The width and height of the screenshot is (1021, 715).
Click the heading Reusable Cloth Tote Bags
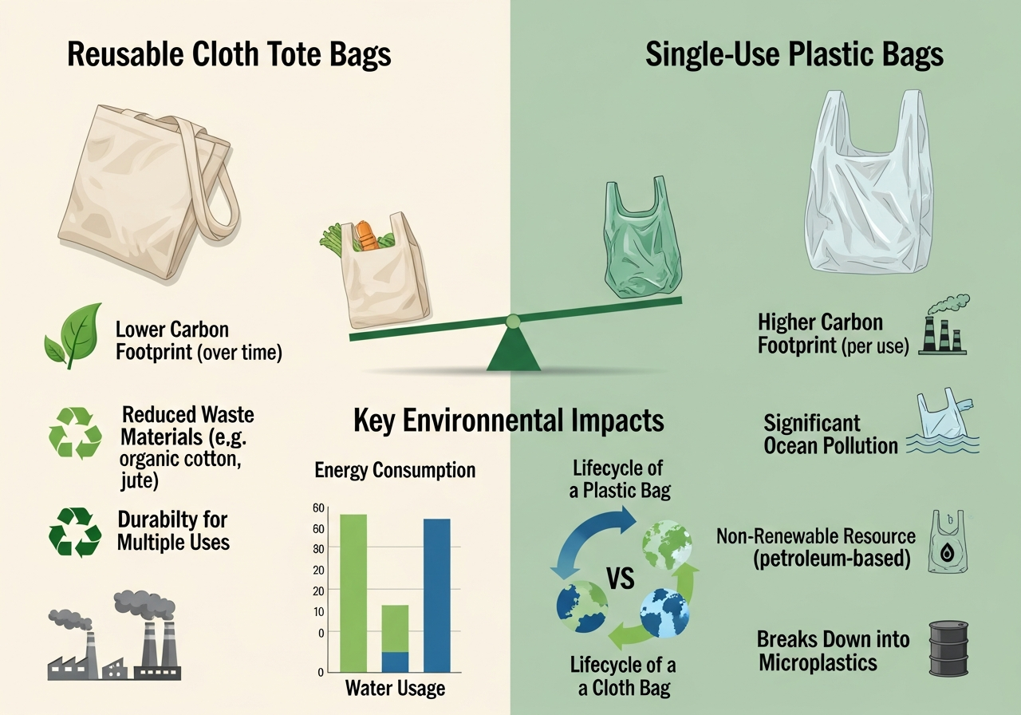point(229,54)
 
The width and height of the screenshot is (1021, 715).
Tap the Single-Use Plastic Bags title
point(794,54)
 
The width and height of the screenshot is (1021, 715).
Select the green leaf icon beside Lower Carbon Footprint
point(74,335)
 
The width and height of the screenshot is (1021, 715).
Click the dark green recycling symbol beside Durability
point(75,531)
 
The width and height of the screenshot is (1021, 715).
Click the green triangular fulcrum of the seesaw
point(513,348)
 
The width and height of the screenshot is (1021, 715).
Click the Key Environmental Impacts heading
point(509,420)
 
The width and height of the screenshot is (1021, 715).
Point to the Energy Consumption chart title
point(395,470)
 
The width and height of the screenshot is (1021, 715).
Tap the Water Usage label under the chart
point(395,688)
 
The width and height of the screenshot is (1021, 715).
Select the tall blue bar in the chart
point(437,595)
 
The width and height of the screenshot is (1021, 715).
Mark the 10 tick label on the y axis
point(320,612)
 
